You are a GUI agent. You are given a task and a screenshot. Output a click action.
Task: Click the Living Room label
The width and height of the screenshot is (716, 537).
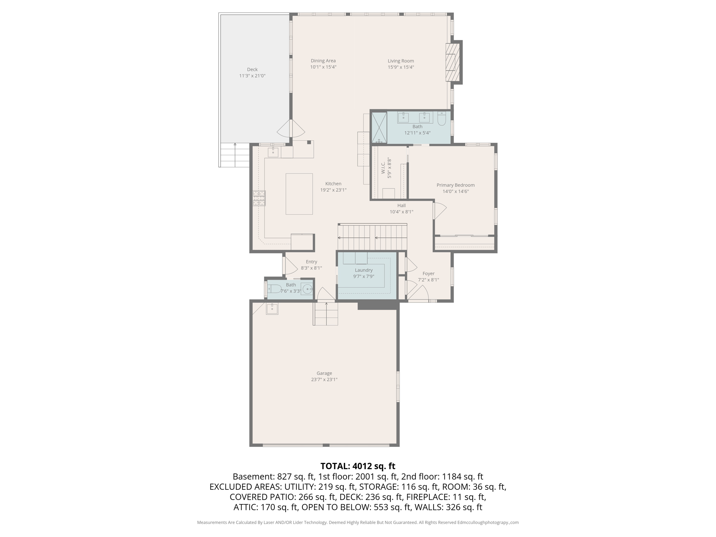401,61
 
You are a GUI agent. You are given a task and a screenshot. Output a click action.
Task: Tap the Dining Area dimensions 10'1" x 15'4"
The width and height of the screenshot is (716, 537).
323,67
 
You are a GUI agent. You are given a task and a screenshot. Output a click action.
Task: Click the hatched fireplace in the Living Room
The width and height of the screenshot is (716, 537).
452,63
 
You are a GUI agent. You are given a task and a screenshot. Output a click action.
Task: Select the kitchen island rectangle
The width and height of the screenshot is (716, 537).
299,194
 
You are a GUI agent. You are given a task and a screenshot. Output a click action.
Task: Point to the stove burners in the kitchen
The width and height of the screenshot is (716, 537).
259,198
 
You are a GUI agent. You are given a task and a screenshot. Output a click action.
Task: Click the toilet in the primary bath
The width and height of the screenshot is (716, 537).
442,119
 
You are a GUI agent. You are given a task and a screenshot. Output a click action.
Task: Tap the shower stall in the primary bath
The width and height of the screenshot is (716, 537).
379,128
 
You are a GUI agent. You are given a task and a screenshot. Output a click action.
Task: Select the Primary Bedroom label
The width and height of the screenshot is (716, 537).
456,185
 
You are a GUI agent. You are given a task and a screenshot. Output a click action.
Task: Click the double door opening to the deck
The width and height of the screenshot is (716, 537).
291,129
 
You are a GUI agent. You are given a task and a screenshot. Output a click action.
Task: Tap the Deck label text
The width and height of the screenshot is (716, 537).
252,70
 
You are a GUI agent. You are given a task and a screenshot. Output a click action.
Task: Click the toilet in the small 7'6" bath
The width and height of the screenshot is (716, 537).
274,289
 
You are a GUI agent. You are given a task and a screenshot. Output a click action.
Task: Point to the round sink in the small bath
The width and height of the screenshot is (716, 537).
307,289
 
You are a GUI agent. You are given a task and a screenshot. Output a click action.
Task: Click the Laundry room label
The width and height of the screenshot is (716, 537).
364,270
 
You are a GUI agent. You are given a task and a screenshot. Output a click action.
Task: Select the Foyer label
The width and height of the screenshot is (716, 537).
428,274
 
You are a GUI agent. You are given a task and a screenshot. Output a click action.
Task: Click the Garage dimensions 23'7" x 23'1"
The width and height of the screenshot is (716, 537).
324,380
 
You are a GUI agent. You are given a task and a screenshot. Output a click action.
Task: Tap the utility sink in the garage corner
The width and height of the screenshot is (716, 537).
272,309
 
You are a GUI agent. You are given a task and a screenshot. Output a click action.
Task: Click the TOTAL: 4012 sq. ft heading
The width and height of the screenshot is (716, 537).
358,466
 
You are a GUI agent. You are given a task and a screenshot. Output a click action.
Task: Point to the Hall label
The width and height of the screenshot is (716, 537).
401,206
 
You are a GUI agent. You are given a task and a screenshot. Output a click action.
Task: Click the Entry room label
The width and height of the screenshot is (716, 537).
311,262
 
